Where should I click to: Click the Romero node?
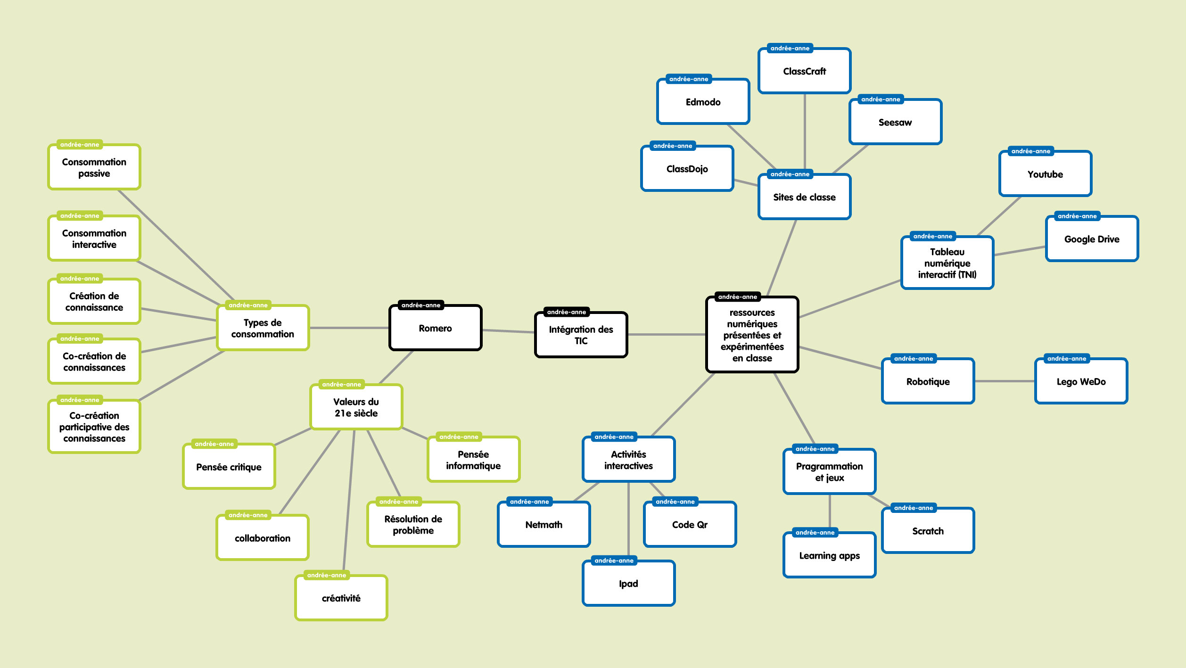(x=435, y=328)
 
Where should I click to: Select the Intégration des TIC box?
(x=581, y=335)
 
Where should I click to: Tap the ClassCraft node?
(x=804, y=71)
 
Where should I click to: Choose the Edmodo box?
(x=703, y=102)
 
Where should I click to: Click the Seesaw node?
(x=895, y=122)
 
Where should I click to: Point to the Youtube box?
(x=1045, y=174)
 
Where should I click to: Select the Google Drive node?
(x=1092, y=239)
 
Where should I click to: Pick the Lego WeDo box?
(x=1081, y=381)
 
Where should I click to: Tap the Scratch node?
(x=928, y=531)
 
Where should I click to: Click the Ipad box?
(x=628, y=584)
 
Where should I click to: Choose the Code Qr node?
(x=690, y=525)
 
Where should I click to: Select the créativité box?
(x=341, y=598)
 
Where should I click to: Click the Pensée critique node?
(x=229, y=467)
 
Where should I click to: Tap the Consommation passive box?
(x=94, y=167)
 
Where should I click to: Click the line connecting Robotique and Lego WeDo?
(x=1004, y=381)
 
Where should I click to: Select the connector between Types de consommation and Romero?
(x=349, y=328)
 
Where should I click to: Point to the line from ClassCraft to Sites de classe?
(x=804, y=132)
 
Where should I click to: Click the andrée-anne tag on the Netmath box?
(x=529, y=502)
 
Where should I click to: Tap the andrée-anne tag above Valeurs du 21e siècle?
(x=341, y=384)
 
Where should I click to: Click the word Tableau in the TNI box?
(x=947, y=252)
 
